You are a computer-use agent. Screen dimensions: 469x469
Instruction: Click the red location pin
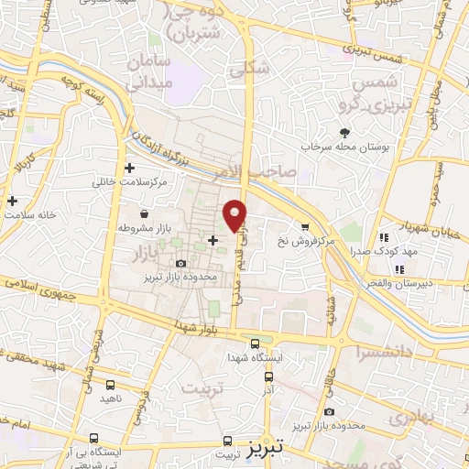click(x=236, y=214)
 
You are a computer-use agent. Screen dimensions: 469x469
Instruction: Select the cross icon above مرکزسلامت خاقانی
click(x=129, y=169)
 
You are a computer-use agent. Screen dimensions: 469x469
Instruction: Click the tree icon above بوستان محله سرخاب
click(x=344, y=133)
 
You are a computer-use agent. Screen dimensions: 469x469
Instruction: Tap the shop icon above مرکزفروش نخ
click(x=304, y=226)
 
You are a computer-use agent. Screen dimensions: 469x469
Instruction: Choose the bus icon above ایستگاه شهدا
click(x=255, y=344)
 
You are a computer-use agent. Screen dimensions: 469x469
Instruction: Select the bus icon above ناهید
click(x=110, y=387)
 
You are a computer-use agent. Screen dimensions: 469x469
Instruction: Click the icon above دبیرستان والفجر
click(x=398, y=269)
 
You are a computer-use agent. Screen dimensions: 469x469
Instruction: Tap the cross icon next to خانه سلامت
click(x=11, y=201)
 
